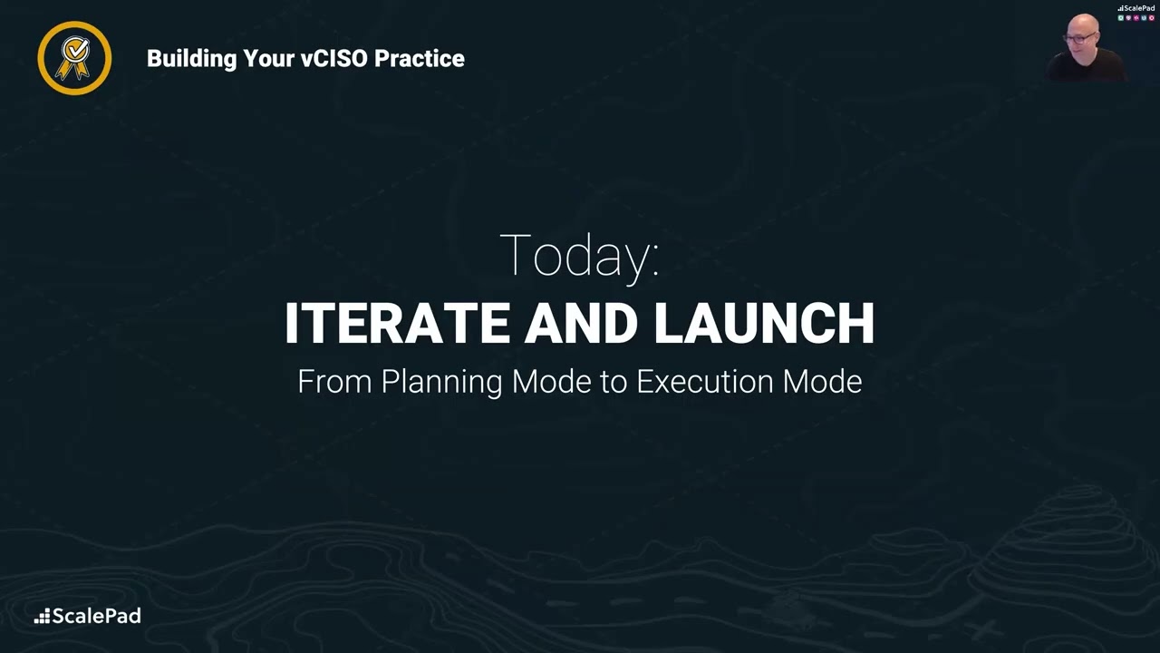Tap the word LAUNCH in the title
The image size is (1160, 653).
(764, 324)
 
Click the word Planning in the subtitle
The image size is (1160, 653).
(441, 382)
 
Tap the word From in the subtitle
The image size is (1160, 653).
(334, 381)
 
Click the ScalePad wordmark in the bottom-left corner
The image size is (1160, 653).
(96, 617)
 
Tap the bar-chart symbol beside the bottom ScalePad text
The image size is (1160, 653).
(42, 617)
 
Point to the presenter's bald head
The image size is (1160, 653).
(1084, 23)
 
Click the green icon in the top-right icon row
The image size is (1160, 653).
(1121, 17)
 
